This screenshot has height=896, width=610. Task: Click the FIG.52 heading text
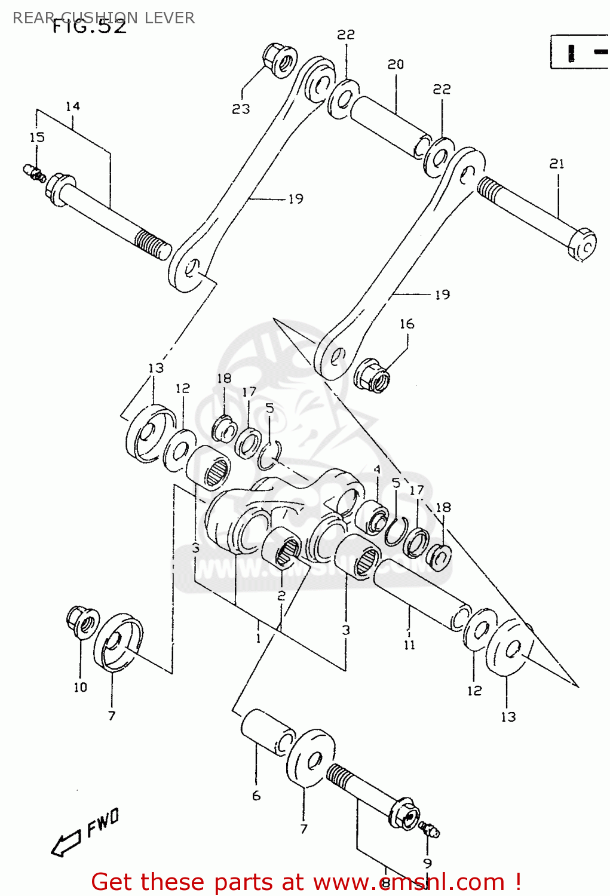click(x=90, y=27)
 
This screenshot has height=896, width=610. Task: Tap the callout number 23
click(x=241, y=109)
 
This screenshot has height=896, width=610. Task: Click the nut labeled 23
click(x=280, y=60)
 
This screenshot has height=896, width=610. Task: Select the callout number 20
click(x=396, y=64)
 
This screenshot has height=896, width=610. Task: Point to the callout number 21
click(x=557, y=164)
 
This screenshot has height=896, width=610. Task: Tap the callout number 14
click(x=72, y=106)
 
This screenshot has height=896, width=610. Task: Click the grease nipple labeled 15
click(x=35, y=173)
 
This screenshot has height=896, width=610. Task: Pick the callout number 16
click(x=407, y=324)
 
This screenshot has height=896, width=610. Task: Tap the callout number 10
click(x=80, y=688)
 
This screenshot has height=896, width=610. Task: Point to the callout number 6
click(x=256, y=796)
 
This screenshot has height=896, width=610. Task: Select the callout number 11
click(x=409, y=645)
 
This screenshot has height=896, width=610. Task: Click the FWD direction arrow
click(x=66, y=843)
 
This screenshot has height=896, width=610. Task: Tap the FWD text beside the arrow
click(x=103, y=822)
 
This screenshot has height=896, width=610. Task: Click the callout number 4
click(x=377, y=470)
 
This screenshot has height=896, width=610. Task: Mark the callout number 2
click(x=281, y=596)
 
